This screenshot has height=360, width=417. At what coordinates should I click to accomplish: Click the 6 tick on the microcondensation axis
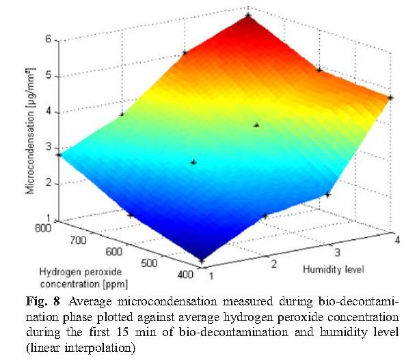coord(49,40)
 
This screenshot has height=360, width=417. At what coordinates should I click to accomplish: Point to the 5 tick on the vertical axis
coord(49,76)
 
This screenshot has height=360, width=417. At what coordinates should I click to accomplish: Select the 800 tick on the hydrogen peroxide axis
coord(43,227)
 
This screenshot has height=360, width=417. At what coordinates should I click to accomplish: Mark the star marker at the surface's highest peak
coord(247,14)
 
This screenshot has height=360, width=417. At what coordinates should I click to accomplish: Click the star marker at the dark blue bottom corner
coord(202,260)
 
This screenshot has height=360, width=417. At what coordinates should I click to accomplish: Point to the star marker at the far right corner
coord(390,98)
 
